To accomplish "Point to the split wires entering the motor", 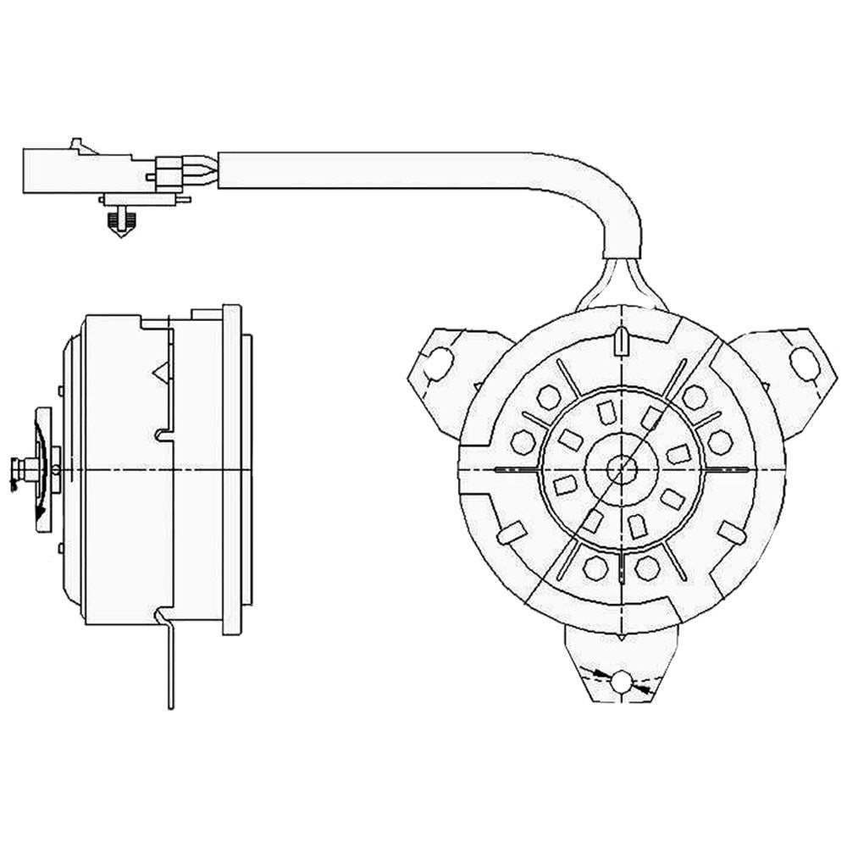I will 623,284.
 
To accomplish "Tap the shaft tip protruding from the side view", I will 17,467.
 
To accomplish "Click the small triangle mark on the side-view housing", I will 158,370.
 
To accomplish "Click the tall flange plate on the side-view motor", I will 231,469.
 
